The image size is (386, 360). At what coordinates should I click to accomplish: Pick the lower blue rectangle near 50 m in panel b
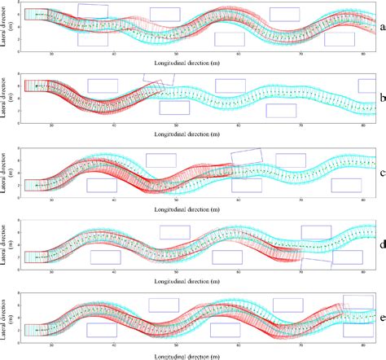174,108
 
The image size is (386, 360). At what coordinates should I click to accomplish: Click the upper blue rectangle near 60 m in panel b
230,86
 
